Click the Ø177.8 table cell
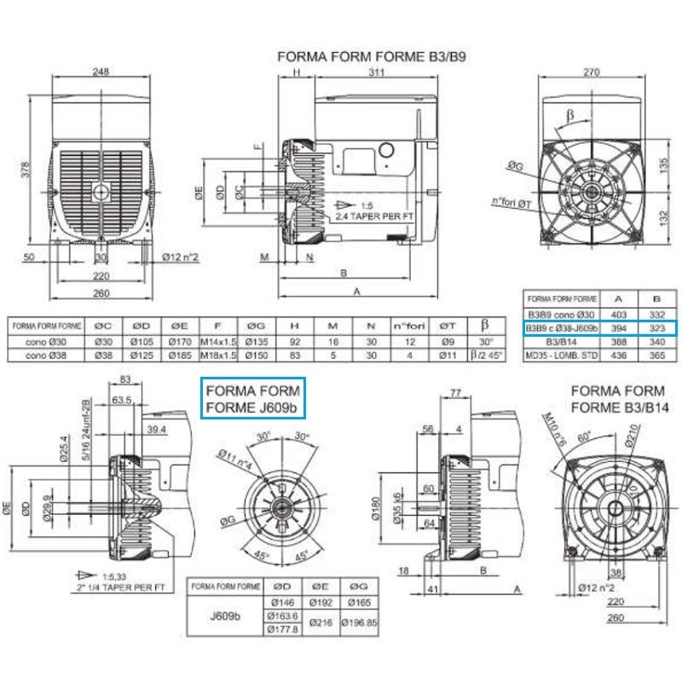(282, 630)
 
